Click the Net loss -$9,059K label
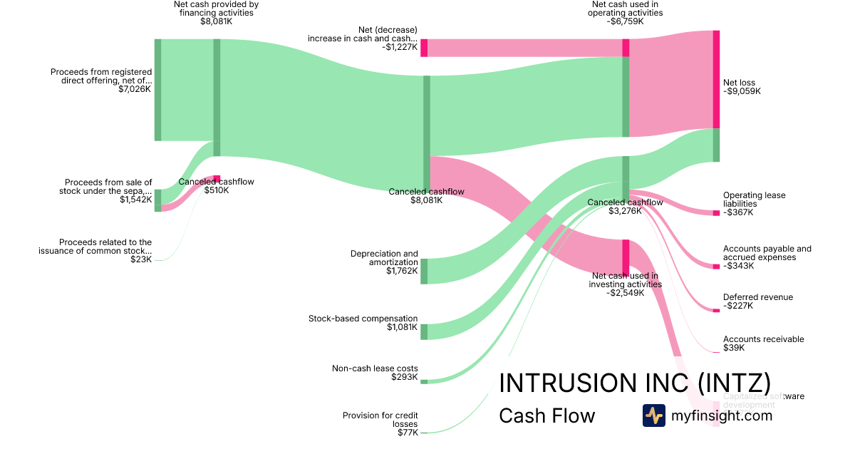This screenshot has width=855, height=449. coord(742,87)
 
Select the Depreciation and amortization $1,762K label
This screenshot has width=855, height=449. coord(384,262)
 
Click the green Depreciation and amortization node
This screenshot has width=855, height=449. coord(424,271)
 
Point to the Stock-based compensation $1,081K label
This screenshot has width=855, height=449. coord(363,323)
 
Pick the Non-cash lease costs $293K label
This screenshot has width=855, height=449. coord(375,373)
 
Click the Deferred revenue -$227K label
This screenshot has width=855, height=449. coord(757,301)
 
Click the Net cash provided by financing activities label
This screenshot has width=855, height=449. coord(216,13)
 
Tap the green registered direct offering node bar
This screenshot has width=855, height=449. coord(158,90)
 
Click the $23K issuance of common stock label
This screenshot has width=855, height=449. coord(95,251)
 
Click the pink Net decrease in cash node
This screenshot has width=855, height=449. coord(424,48)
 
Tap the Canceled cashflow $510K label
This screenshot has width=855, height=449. coord(216,186)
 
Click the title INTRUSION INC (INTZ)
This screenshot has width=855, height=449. coord(634,382)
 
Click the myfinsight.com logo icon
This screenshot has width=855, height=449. coord(653,416)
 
